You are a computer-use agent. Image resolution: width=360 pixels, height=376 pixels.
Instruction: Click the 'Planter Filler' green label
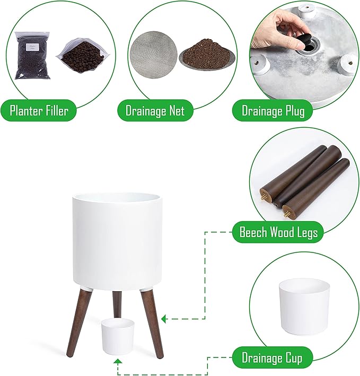tap(39, 110)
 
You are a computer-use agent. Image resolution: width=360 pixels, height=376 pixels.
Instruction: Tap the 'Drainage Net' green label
tap(155, 110)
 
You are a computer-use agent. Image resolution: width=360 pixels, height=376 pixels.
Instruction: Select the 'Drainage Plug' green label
tap(273, 111)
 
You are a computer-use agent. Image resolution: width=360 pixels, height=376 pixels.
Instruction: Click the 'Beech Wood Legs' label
tap(278, 232)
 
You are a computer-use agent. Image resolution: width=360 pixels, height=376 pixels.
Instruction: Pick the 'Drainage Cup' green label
tap(273, 357)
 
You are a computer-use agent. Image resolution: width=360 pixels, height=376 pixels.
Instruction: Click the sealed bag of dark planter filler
tap(32, 55)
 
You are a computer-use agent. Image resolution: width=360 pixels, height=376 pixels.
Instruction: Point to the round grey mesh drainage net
tap(153, 54)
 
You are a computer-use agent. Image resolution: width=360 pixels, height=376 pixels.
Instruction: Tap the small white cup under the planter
tap(117, 336)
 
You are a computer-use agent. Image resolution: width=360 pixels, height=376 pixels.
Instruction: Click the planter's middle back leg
tap(117, 304)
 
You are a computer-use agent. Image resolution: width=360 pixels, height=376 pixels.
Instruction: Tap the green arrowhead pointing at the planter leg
tap(164, 319)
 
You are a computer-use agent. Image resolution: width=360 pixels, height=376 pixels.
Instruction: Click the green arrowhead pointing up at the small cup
tap(118, 361)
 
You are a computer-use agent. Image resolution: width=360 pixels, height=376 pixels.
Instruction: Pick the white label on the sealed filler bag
tap(31, 47)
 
